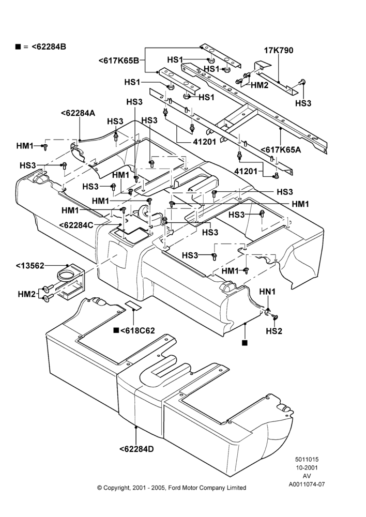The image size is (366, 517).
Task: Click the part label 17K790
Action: pyautogui.click(x=279, y=51)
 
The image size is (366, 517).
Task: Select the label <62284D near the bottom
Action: pyautogui.click(x=136, y=449)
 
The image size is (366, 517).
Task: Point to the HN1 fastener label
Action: pyautogui.click(x=267, y=292)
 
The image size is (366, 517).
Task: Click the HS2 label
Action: pyautogui.click(x=274, y=331)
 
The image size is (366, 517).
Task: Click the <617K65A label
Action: pyautogui.click(x=281, y=150)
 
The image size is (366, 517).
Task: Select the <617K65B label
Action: pyautogui.click(x=118, y=60)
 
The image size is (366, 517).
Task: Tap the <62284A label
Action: pyautogui.click(x=78, y=113)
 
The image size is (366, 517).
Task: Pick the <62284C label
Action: pyautogui.click(x=76, y=225)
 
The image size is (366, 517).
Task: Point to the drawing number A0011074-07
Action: pyautogui.click(x=307, y=484)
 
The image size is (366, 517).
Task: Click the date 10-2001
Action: pyautogui.click(x=307, y=467)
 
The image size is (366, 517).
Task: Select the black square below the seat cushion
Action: pyautogui.click(x=245, y=343)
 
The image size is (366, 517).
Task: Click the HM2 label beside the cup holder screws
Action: pyautogui.click(x=26, y=294)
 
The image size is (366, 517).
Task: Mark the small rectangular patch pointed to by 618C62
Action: pyautogui.click(x=133, y=305)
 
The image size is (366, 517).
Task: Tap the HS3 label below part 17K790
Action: pyautogui.click(x=303, y=103)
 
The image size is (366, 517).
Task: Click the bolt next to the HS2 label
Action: pyautogui.click(x=274, y=317)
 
